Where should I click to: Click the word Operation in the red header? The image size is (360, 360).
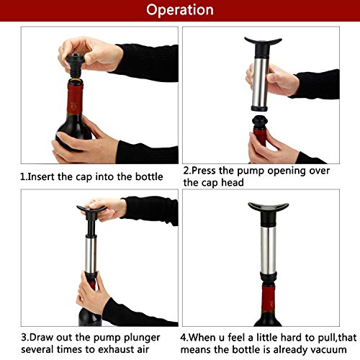pyautogui.click(x=180, y=10)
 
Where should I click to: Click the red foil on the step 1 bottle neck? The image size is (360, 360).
pyautogui.click(x=75, y=99)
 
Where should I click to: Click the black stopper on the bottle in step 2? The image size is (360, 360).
pyautogui.click(x=260, y=122)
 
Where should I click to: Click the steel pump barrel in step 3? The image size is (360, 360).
pyautogui.click(x=91, y=254)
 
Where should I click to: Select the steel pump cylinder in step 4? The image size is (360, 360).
pyautogui.click(x=269, y=250)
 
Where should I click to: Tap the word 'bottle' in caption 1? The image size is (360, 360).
pyautogui.click(x=149, y=177)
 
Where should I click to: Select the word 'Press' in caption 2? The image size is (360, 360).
pyautogui.click(x=204, y=171)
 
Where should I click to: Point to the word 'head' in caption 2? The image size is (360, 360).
pyautogui.click(x=233, y=183)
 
